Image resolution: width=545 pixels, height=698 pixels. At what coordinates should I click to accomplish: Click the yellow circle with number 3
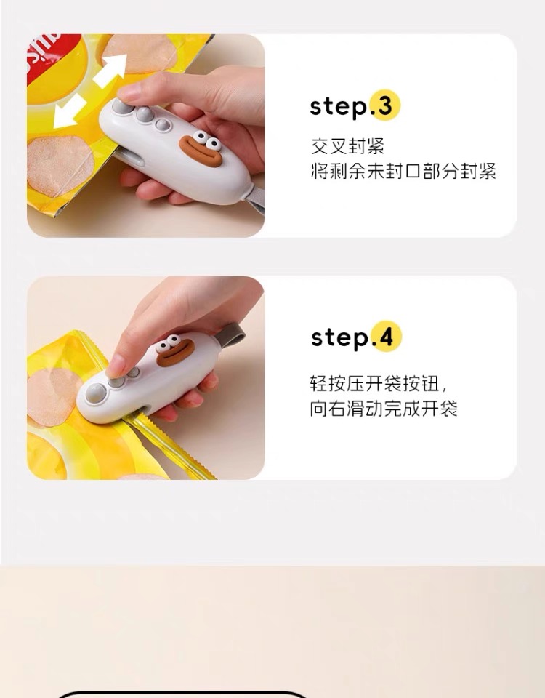coord(385,105)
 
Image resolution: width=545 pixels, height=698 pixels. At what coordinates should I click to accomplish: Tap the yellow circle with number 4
coord(386,337)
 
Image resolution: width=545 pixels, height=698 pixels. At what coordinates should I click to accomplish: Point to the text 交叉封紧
coord(347,146)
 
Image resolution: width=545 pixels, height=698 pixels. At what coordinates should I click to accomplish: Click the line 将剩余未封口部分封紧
coord(403,171)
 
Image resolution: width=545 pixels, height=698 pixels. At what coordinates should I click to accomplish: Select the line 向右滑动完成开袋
coord(384,408)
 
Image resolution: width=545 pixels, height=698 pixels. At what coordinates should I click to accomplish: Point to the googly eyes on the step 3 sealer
coord(207,140)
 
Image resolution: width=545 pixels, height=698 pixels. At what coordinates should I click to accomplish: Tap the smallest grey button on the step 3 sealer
coord(162,124)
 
